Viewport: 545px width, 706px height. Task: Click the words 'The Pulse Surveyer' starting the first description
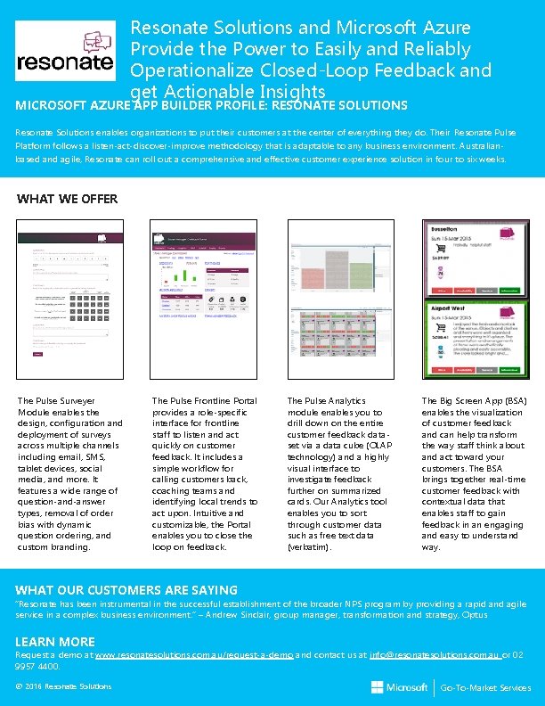click(56, 402)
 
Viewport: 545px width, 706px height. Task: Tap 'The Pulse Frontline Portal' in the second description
click(204, 402)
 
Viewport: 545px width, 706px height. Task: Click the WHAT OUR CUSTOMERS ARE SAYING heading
click(126, 590)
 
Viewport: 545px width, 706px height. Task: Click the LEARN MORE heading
click(55, 642)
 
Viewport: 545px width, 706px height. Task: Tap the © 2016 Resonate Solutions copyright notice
click(64, 686)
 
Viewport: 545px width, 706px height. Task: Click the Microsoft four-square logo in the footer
click(378, 687)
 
